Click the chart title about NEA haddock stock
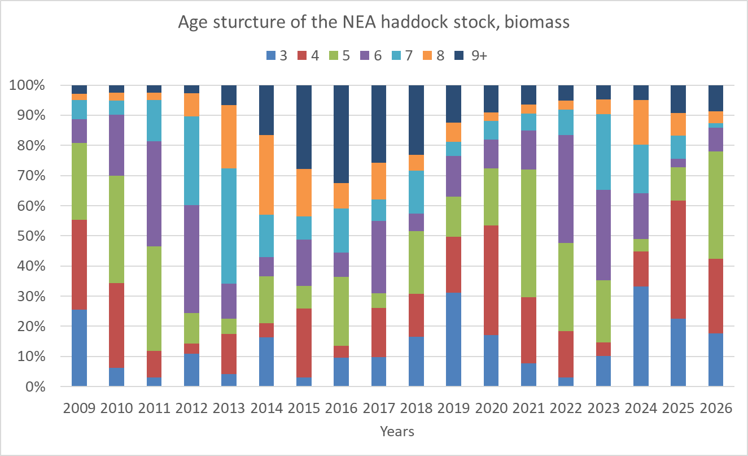point(374,23)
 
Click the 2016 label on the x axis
point(341,408)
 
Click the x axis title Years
point(397,432)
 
